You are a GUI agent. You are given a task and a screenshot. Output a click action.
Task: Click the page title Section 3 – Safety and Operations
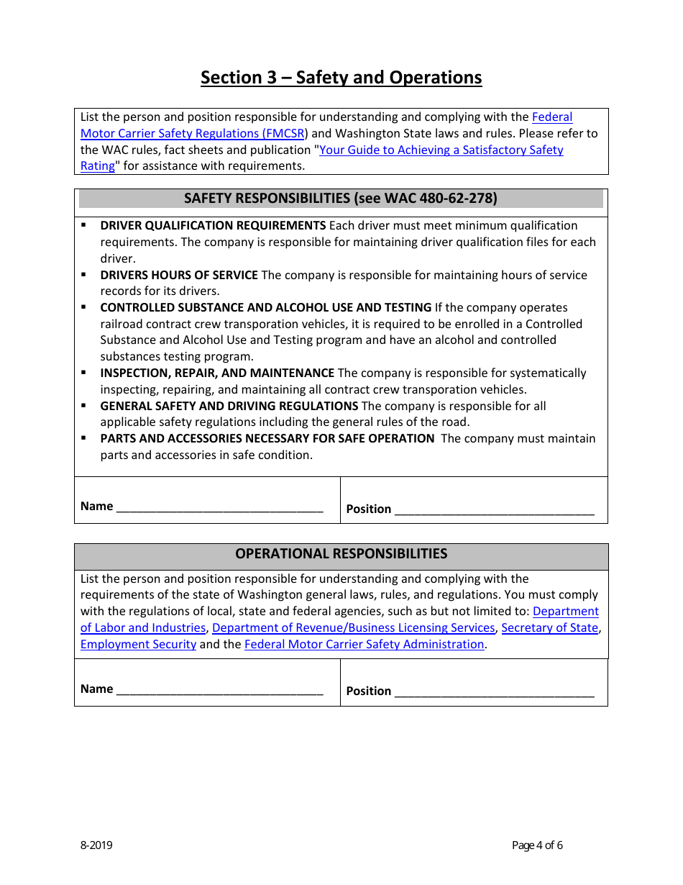[341, 78]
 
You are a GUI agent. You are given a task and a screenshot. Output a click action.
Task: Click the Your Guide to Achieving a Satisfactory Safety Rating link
[441, 150]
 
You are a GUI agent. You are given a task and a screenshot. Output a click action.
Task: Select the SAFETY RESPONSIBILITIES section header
[341, 199]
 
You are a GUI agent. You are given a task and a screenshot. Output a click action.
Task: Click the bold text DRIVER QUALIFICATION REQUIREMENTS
[213, 226]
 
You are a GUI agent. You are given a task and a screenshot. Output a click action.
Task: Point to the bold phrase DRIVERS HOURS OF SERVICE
[179, 276]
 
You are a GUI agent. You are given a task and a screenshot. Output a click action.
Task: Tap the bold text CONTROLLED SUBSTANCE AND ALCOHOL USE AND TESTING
[265, 308]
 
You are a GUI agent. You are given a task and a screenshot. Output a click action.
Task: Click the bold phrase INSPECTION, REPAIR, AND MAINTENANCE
[217, 373]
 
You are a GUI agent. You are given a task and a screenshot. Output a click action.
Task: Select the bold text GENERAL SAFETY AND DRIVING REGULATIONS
[229, 407]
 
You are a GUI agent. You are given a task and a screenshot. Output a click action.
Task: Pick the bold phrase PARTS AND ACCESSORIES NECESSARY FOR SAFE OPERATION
[267, 439]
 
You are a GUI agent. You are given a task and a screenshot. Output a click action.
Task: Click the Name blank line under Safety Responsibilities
[219, 508]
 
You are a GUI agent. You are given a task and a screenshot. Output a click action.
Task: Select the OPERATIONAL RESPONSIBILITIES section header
[341, 554]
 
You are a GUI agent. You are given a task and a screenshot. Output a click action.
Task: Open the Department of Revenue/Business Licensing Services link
[353, 628]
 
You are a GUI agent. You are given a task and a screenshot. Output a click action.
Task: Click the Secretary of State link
[549, 628]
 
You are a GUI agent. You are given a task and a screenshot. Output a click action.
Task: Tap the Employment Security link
[138, 645]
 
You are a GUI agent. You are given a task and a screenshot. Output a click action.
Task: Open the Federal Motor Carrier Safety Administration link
[364, 645]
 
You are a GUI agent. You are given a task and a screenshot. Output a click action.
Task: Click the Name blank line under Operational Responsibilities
[219, 691]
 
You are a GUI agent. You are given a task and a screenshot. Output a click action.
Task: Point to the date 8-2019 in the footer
[96, 845]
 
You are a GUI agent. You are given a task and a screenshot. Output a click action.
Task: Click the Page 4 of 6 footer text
[537, 845]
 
